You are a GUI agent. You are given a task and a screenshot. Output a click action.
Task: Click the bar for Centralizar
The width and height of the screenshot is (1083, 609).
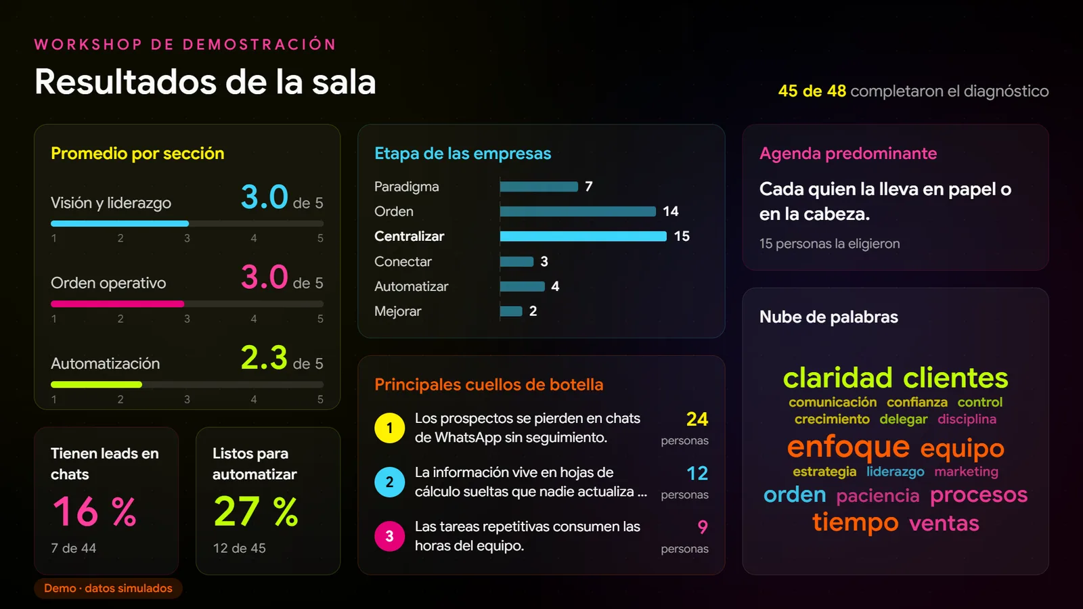click(x=583, y=236)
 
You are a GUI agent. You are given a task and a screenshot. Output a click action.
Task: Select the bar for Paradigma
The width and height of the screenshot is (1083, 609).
click(x=539, y=187)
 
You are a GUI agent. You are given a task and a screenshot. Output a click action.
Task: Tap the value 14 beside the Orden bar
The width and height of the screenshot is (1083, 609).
click(x=671, y=211)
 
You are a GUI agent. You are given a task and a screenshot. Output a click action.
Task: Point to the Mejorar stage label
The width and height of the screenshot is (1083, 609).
click(x=397, y=311)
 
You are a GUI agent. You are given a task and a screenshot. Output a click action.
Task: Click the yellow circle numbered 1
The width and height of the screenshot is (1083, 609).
click(x=389, y=428)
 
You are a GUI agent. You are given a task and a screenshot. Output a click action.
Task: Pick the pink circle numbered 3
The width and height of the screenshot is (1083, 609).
click(x=389, y=536)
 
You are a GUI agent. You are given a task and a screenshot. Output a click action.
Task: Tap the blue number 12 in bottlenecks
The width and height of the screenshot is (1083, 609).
click(x=697, y=473)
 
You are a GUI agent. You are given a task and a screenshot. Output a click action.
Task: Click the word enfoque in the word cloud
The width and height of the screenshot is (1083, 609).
click(x=849, y=447)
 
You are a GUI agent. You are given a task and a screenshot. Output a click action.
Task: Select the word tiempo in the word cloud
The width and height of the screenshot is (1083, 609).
click(x=856, y=522)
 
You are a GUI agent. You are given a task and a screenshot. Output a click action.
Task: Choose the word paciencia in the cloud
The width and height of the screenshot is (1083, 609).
click(x=877, y=495)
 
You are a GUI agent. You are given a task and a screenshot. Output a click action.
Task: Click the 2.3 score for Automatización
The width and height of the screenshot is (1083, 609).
click(x=264, y=358)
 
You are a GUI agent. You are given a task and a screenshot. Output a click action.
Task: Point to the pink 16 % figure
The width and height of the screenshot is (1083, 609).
click(x=95, y=512)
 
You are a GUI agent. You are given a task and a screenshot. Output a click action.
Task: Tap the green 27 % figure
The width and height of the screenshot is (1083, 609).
click(x=257, y=512)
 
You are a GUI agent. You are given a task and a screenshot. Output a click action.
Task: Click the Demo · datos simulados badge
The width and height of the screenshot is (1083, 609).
click(x=108, y=588)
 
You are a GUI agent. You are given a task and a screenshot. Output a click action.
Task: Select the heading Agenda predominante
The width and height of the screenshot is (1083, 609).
click(x=848, y=153)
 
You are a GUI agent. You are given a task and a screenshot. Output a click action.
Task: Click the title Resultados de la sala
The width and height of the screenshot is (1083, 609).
click(x=205, y=82)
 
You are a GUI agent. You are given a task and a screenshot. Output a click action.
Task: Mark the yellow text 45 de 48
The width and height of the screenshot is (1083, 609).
click(x=812, y=91)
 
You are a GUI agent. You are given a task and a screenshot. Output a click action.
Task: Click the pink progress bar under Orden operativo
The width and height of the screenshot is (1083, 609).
click(x=118, y=304)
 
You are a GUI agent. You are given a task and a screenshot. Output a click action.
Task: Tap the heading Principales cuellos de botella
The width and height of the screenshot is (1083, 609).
click(x=489, y=385)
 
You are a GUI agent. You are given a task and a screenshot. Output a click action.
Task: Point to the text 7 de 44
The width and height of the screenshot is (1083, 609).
click(x=74, y=548)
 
